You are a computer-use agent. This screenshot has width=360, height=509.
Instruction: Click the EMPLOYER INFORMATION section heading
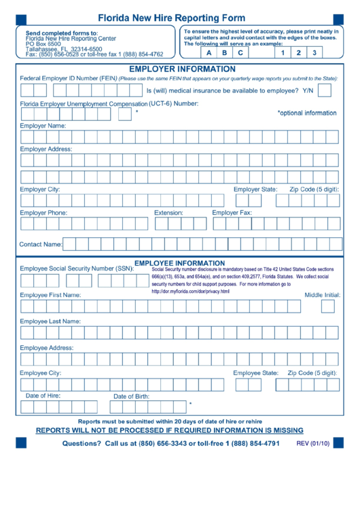(x=182, y=69)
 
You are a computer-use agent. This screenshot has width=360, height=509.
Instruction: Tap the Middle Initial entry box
(x=328, y=307)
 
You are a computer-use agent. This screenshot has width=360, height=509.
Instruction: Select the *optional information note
(x=307, y=113)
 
